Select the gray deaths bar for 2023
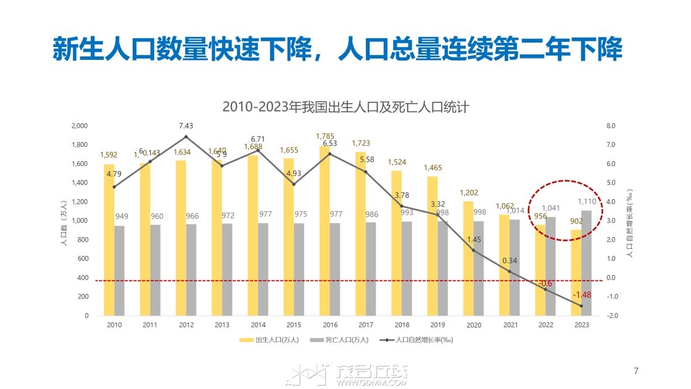coord(586,262)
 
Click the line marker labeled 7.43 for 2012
coord(186,136)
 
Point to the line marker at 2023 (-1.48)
coord(581,306)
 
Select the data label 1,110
coord(587,201)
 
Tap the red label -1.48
coord(581,295)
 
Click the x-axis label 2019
coord(437,325)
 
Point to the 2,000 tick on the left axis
coord(80,125)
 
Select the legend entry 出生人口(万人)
coord(271,340)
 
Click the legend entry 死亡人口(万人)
coord(343,340)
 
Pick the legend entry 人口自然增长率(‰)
coord(420,340)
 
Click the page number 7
coord(636,371)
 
